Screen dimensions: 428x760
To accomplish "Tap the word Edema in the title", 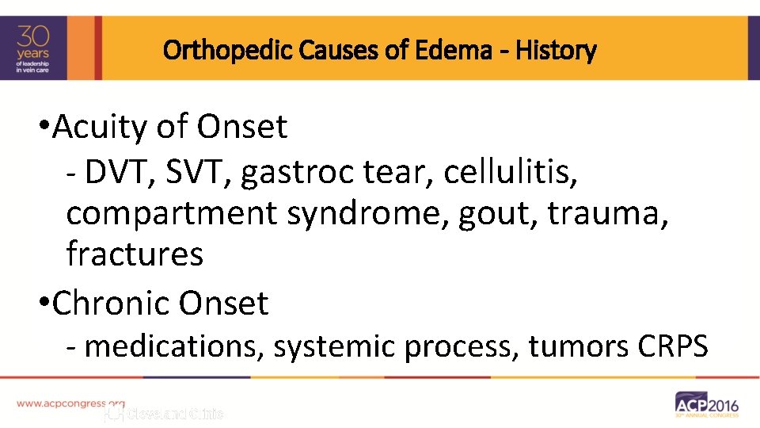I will tap(463, 52).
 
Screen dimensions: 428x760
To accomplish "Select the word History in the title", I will tap(556, 52).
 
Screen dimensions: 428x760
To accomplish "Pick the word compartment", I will tap(172, 214).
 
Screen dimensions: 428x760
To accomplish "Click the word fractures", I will tap(135, 254).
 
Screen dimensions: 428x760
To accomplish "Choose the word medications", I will tap(166, 346).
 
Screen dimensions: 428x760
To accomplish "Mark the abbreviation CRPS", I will tap(672, 346).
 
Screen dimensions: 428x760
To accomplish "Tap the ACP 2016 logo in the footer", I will tap(706, 404).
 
